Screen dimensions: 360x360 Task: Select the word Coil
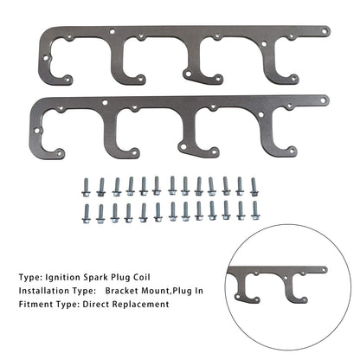coord(142,278)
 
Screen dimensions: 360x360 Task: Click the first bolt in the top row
coord(86,187)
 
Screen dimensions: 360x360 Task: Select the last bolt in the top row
coord(254,187)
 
